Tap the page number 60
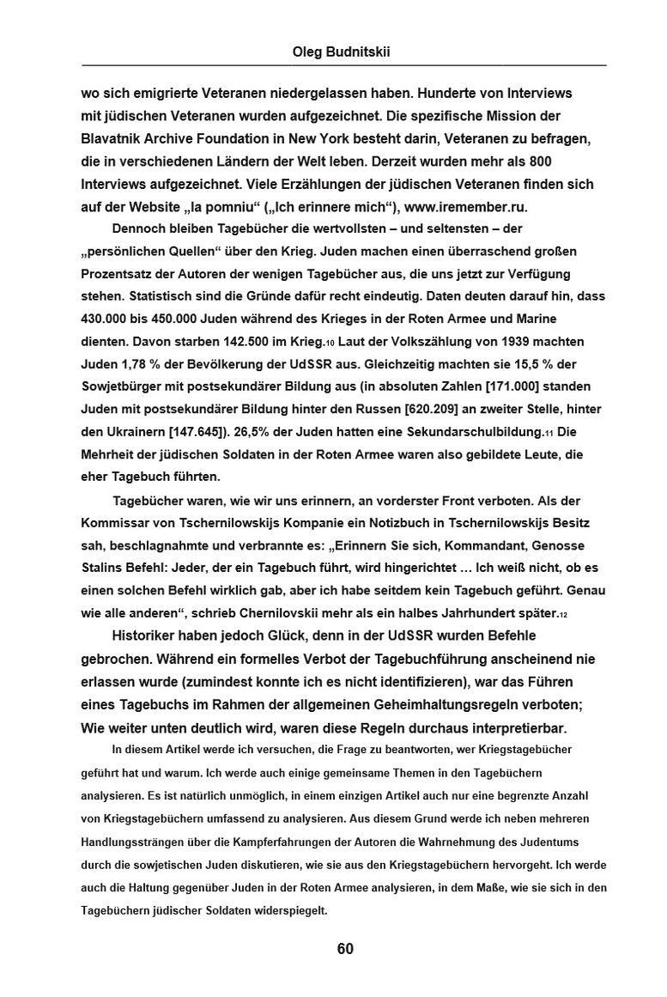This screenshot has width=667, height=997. (344, 948)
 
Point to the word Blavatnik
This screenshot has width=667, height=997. (115, 138)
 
